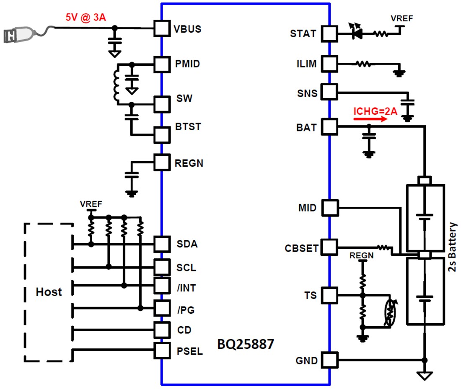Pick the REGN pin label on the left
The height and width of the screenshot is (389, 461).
(189, 163)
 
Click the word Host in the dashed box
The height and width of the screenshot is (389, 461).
(49, 292)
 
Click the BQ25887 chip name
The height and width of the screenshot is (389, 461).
(245, 344)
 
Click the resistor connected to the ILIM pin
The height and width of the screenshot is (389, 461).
(363, 64)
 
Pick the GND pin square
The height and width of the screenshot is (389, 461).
(329, 360)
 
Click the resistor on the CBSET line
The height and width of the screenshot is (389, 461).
(383, 247)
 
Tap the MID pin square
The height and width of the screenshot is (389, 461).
(329, 208)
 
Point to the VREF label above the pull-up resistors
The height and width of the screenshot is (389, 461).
(91, 204)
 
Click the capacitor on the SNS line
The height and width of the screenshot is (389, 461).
(407, 103)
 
